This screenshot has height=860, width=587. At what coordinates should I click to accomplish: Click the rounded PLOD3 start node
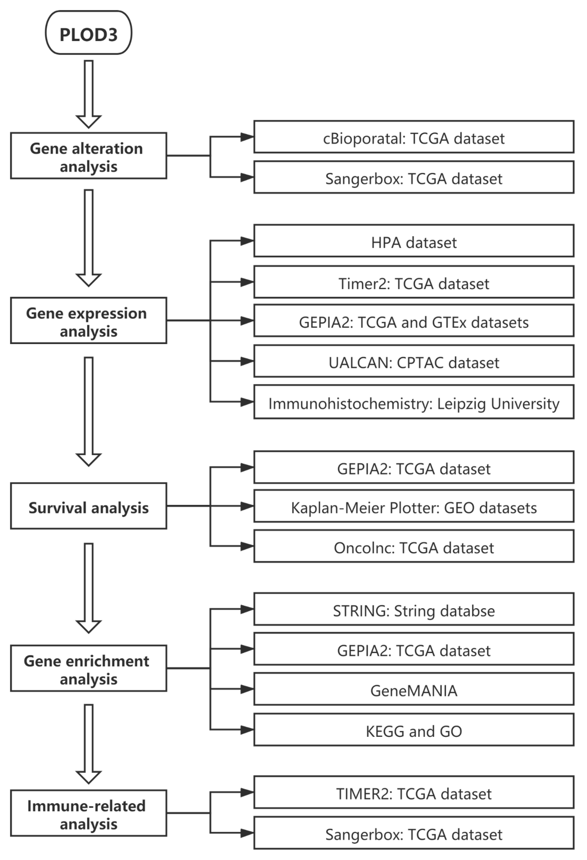pyautogui.click(x=88, y=33)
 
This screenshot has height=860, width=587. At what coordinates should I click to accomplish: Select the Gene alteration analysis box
pyautogui.click(x=88, y=156)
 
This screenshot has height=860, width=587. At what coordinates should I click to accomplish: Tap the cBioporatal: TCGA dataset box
pyautogui.click(x=413, y=137)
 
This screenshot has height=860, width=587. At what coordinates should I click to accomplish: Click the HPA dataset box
pyautogui.click(x=413, y=241)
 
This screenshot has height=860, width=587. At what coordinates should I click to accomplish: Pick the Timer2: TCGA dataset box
pyautogui.click(x=413, y=282)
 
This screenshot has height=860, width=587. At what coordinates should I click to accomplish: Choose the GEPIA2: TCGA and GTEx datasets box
pyautogui.click(x=413, y=321)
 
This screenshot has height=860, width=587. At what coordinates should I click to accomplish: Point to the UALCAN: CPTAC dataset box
pyautogui.click(x=413, y=361)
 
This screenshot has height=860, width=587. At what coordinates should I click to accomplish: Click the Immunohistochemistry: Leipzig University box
pyautogui.click(x=413, y=402)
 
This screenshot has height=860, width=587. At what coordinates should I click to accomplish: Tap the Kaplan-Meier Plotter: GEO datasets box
pyautogui.click(x=413, y=506)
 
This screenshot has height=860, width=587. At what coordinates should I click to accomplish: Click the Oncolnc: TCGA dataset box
pyautogui.click(x=413, y=546)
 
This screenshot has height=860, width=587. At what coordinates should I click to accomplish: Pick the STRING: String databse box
pyautogui.click(x=413, y=609)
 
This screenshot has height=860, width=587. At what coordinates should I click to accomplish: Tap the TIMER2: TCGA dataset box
pyautogui.click(x=413, y=792)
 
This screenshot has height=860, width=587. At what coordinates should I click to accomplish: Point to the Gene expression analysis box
pyautogui.click(x=88, y=321)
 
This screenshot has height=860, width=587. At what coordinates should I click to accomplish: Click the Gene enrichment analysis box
pyautogui.click(x=88, y=668)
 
